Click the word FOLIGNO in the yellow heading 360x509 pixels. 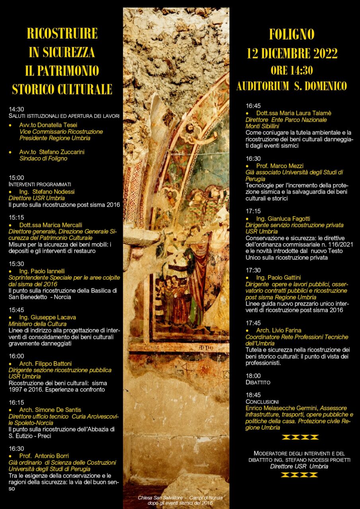pyautogui.click(x=292, y=35)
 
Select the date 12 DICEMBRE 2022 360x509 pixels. pyautogui.click(x=292, y=53)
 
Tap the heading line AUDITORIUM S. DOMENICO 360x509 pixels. pyautogui.click(x=292, y=86)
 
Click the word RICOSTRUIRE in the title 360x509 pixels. pyautogui.click(x=62, y=34)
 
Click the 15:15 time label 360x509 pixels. pyautogui.click(x=16, y=218)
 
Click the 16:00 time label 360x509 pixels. pyautogui.click(x=16, y=356)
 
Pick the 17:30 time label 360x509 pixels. pyautogui.click(x=253, y=270)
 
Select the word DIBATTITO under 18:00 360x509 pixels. pyautogui.click(x=258, y=383)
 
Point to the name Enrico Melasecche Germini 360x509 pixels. pyautogui.click(x=282, y=408)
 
